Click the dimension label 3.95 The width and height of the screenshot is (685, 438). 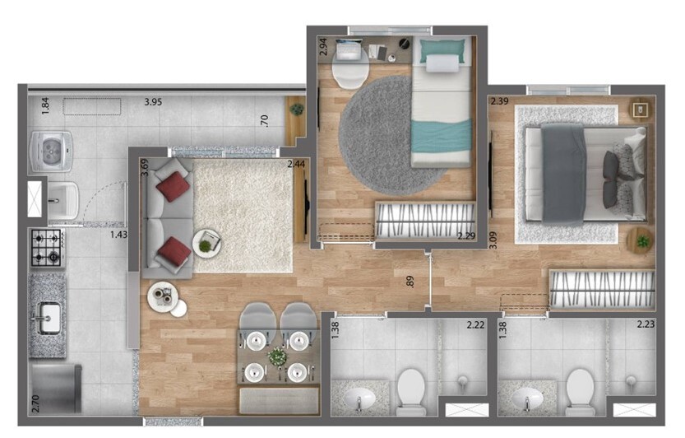point(153,102)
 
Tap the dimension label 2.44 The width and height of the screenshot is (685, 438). point(296,165)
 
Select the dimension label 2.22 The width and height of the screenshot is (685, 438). point(475,325)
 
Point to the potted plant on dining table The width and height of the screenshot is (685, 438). point(278,357)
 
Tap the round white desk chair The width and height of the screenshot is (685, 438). point(349,72)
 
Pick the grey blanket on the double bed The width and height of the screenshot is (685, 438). point(564,173)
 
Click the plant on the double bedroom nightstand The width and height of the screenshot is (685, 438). point(641,242)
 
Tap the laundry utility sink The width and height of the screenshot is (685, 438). point(63,199)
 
